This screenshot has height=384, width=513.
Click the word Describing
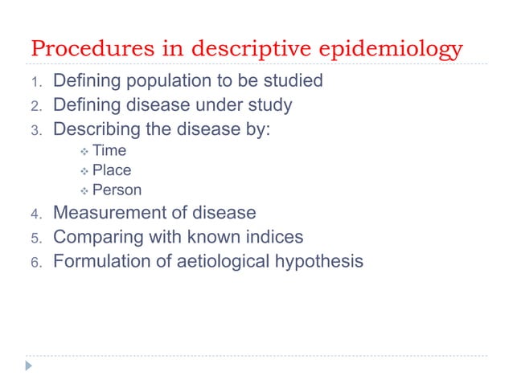pos(96,129)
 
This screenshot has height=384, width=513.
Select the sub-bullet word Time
pos(109,150)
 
